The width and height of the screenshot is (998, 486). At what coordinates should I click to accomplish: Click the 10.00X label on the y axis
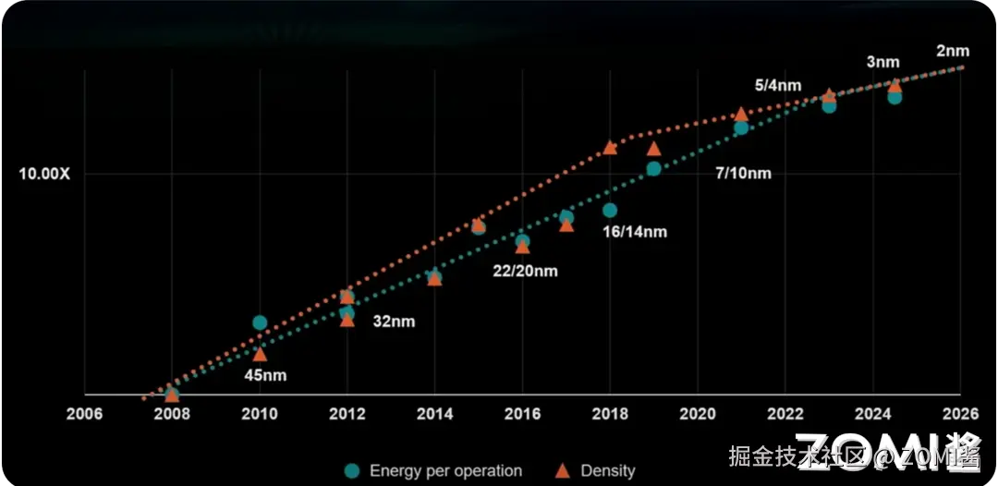[x=45, y=174]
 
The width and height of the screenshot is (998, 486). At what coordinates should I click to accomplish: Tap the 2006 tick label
[x=85, y=414]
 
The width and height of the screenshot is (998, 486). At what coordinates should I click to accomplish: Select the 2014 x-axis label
[x=434, y=414]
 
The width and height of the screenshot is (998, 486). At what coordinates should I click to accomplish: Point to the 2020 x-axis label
[x=697, y=414]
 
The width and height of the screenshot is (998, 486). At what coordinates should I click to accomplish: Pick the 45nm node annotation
[x=266, y=376]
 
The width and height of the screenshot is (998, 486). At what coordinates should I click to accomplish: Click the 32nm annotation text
[x=395, y=322]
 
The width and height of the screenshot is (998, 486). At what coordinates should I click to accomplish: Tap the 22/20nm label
[x=525, y=271]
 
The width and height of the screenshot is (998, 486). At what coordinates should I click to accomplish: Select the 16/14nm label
[x=635, y=232]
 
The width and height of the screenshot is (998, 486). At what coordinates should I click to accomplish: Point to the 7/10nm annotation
[x=743, y=174]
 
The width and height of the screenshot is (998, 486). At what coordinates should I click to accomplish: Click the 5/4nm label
[x=778, y=85]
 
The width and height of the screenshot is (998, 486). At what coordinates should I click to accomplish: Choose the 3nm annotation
[x=882, y=63]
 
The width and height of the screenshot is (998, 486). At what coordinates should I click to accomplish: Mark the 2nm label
[x=953, y=51]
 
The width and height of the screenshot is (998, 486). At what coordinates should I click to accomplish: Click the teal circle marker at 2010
[x=260, y=322]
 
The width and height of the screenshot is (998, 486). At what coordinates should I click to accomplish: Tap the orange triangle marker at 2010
[x=260, y=354]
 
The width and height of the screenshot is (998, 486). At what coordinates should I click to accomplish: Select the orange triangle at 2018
[x=610, y=148]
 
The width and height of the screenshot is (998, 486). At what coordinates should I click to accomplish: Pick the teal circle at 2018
[x=610, y=211]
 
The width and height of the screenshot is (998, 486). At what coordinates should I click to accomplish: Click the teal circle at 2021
[x=741, y=128]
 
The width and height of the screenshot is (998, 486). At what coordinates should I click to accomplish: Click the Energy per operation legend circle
[x=352, y=470]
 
